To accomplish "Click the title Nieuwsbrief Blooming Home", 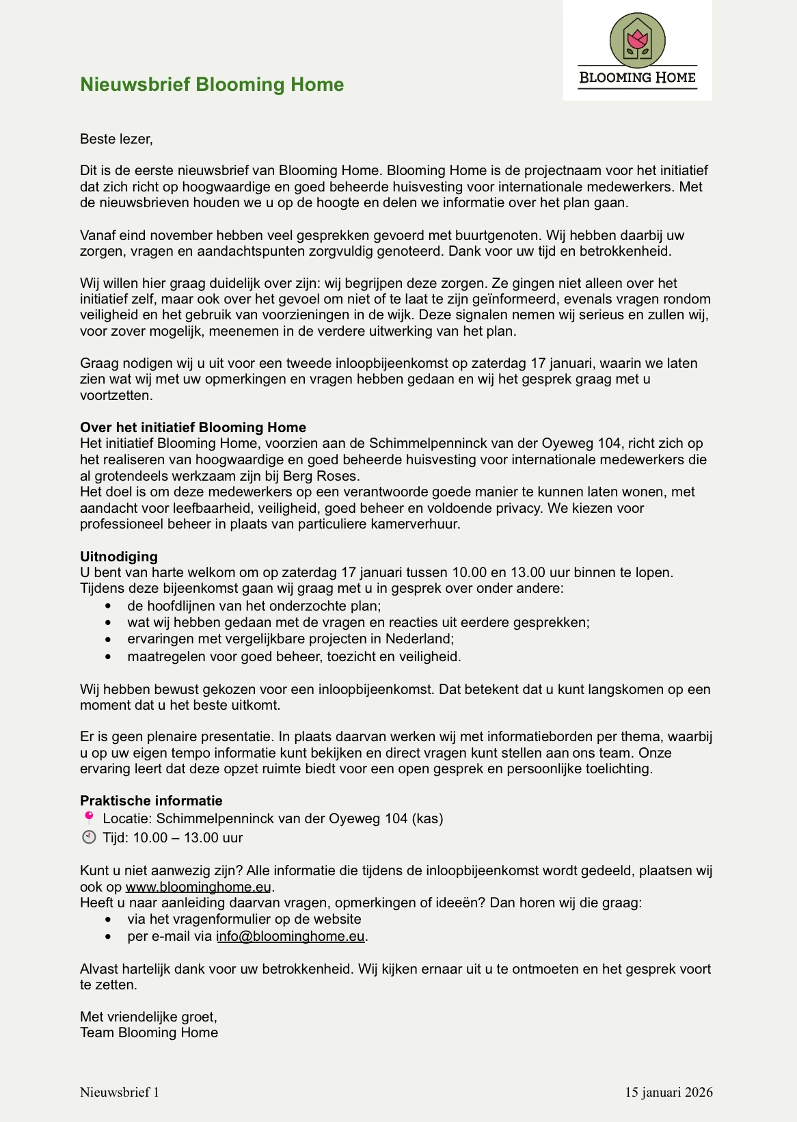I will tap(212, 84).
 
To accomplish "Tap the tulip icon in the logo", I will tap(638, 41).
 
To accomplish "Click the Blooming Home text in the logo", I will tap(637, 77).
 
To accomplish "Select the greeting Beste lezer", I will tap(116, 139).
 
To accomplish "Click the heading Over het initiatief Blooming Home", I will tap(193, 427).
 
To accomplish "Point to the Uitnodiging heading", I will tap(119, 556).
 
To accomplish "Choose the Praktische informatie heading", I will tap(151, 801).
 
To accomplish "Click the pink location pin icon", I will tap(89, 816).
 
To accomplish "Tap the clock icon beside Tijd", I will tap(89, 837).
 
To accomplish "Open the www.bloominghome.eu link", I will tap(198, 887).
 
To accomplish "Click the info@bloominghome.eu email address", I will tap(291, 936).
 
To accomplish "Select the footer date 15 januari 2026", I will tap(668, 1092).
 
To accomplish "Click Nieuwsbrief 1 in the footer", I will tap(120, 1092).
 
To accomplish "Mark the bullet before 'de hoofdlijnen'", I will tap(108, 606).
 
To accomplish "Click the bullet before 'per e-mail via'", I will tap(108, 936).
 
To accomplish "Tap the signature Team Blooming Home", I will tap(149, 1032).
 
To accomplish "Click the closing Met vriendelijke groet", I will tap(148, 1017).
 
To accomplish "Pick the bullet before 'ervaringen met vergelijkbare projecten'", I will tap(108, 639).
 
